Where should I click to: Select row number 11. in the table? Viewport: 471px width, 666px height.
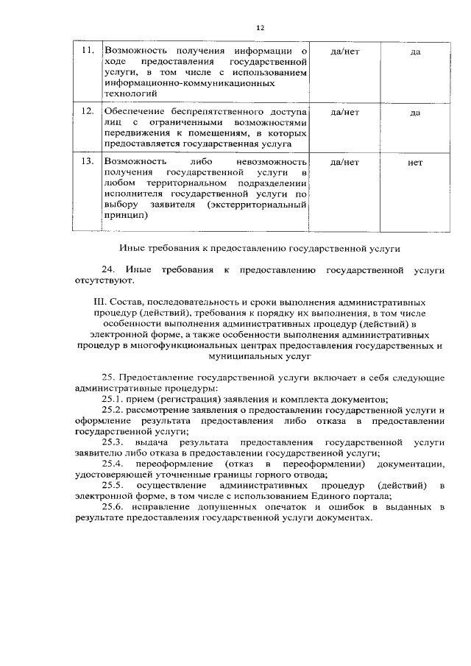[88, 52]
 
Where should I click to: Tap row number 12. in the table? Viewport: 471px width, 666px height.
[88, 112]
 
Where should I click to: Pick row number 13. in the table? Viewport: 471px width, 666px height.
[88, 161]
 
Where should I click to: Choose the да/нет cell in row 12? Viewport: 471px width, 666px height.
[345, 113]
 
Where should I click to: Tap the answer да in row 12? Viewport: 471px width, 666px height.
[415, 113]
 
